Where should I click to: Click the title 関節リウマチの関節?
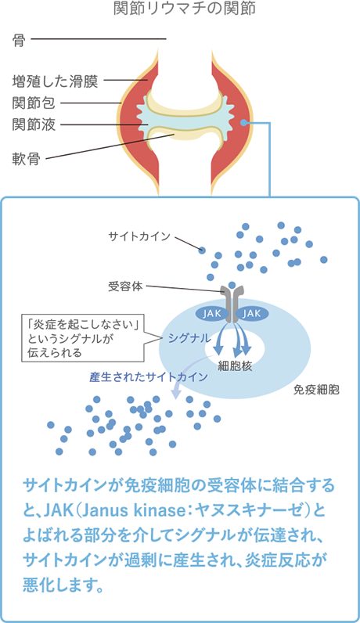(184, 9)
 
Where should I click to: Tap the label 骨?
(19, 40)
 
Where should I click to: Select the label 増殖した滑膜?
(55, 82)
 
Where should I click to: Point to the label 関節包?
(34, 103)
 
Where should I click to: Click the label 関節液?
(34, 124)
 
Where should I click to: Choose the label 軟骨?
(27, 159)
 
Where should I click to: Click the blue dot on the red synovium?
(244, 123)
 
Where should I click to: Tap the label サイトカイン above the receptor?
(139, 236)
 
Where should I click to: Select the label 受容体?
(125, 286)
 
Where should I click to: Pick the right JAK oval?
(253, 314)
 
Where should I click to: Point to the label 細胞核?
(235, 366)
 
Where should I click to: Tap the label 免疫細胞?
(316, 390)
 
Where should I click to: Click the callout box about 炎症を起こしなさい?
(82, 339)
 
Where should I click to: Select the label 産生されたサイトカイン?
(149, 376)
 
